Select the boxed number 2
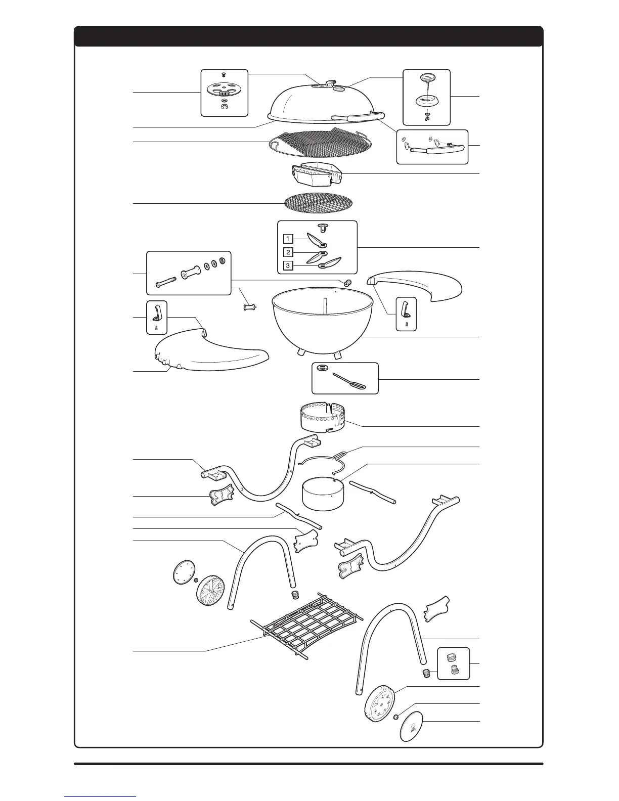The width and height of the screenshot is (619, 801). (x=287, y=252)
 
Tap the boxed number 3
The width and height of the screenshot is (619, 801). (x=287, y=265)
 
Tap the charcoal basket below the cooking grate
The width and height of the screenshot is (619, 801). (x=316, y=174)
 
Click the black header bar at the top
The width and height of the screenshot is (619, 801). (x=308, y=36)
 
